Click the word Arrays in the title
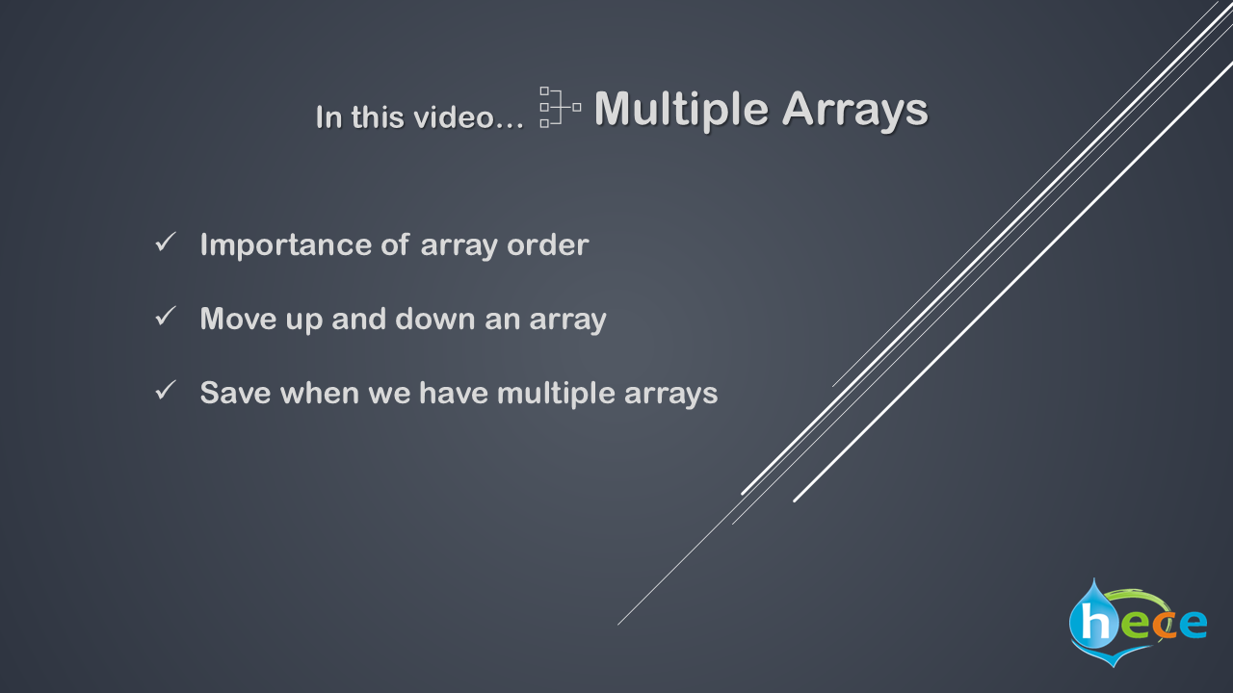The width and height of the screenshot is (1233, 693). [x=854, y=110]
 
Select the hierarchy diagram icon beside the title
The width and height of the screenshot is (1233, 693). [x=561, y=107]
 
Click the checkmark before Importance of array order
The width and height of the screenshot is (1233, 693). [x=165, y=242]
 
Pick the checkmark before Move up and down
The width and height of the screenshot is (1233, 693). [x=165, y=317]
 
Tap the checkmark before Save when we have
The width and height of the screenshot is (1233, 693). [x=165, y=391]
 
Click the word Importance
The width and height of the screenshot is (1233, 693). [x=286, y=245]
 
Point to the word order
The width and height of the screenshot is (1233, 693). [x=548, y=244]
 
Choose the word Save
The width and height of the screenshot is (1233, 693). [x=236, y=394]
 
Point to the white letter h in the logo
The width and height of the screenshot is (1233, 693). [x=1095, y=622]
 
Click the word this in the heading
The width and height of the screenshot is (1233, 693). [x=377, y=116]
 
